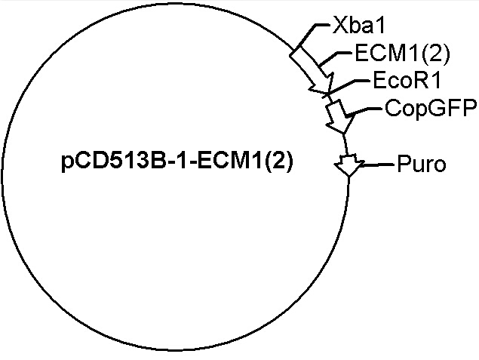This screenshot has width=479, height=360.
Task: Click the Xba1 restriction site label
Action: (358, 26)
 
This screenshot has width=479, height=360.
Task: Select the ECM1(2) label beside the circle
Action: (402, 54)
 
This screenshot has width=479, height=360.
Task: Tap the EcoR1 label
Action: (407, 81)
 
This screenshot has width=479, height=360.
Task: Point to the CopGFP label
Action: (431, 108)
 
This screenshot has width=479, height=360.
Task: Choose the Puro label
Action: (422, 164)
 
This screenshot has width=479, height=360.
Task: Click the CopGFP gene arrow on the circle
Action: (339, 117)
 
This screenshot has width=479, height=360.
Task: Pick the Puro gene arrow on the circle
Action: (349, 165)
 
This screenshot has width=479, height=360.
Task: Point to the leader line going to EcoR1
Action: (349, 88)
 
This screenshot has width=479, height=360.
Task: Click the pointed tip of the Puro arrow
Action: (349, 176)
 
